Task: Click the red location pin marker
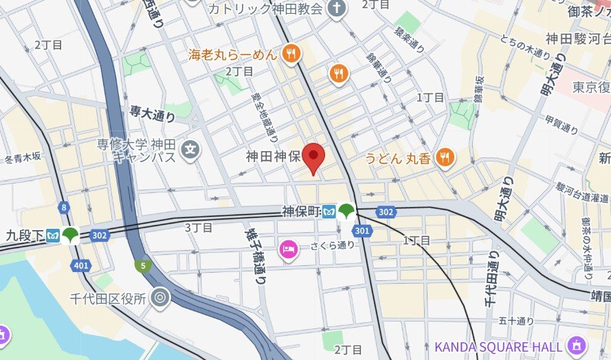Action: (x=314, y=157)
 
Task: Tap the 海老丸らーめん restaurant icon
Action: (x=292, y=52)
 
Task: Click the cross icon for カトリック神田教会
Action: (x=336, y=8)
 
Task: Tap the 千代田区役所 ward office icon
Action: (x=161, y=297)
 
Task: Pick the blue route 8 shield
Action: (x=64, y=207)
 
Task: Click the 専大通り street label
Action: (x=152, y=113)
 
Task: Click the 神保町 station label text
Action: (x=300, y=211)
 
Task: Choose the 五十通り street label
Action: (x=516, y=320)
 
